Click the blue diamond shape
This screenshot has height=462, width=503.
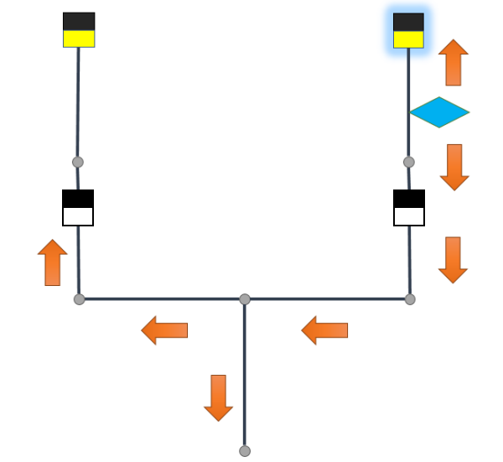click(438, 112)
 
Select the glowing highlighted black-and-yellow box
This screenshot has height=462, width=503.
click(408, 30)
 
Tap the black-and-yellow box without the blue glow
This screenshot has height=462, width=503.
click(79, 29)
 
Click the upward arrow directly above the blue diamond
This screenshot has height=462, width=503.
click(454, 63)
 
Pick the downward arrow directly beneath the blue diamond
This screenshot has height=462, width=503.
click(454, 167)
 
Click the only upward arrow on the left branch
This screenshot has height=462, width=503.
click(53, 262)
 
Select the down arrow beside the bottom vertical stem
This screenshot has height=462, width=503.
click(219, 397)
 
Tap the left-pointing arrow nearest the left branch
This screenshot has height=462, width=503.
click(164, 330)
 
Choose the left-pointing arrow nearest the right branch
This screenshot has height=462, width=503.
click(324, 330)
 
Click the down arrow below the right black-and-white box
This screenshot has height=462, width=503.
click(453, 260)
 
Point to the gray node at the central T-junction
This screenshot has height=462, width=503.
click(245, 299)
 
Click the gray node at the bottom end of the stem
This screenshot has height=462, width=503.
click(245, 451)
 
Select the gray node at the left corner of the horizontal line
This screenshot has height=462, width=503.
click(80, 299)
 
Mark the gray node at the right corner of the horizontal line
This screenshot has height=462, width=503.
click(410, 299)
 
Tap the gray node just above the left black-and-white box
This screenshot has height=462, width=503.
click(78, 162)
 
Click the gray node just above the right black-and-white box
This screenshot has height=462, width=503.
click(409, 162)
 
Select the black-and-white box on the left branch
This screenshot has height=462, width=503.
click(78, 208)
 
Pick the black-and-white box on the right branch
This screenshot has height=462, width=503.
click(409, 208)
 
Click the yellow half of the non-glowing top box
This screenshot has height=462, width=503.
click(79, 39)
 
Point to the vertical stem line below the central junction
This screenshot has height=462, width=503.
click(245, 377)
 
